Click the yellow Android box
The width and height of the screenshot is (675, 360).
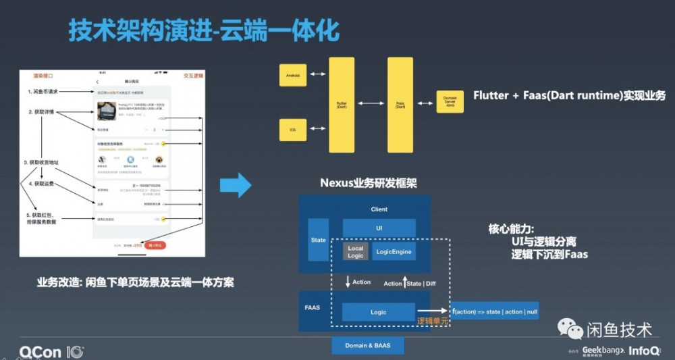294,74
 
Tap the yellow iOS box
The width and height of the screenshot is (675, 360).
294,128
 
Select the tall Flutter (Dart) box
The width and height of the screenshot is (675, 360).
342,105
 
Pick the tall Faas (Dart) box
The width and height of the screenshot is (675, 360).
400,105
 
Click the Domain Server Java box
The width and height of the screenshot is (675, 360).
450,104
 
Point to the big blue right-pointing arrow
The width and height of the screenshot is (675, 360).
236,184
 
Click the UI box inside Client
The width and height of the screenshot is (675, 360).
379,228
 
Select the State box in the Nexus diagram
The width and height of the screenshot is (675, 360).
318,240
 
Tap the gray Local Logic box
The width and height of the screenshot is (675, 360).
356,253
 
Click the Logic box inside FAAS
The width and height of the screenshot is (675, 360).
378,312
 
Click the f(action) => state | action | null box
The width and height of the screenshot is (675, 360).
495,311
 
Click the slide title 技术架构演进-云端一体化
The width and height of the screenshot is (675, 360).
203,30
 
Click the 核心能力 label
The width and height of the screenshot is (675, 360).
512,228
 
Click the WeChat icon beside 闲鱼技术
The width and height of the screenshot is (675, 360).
570,329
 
